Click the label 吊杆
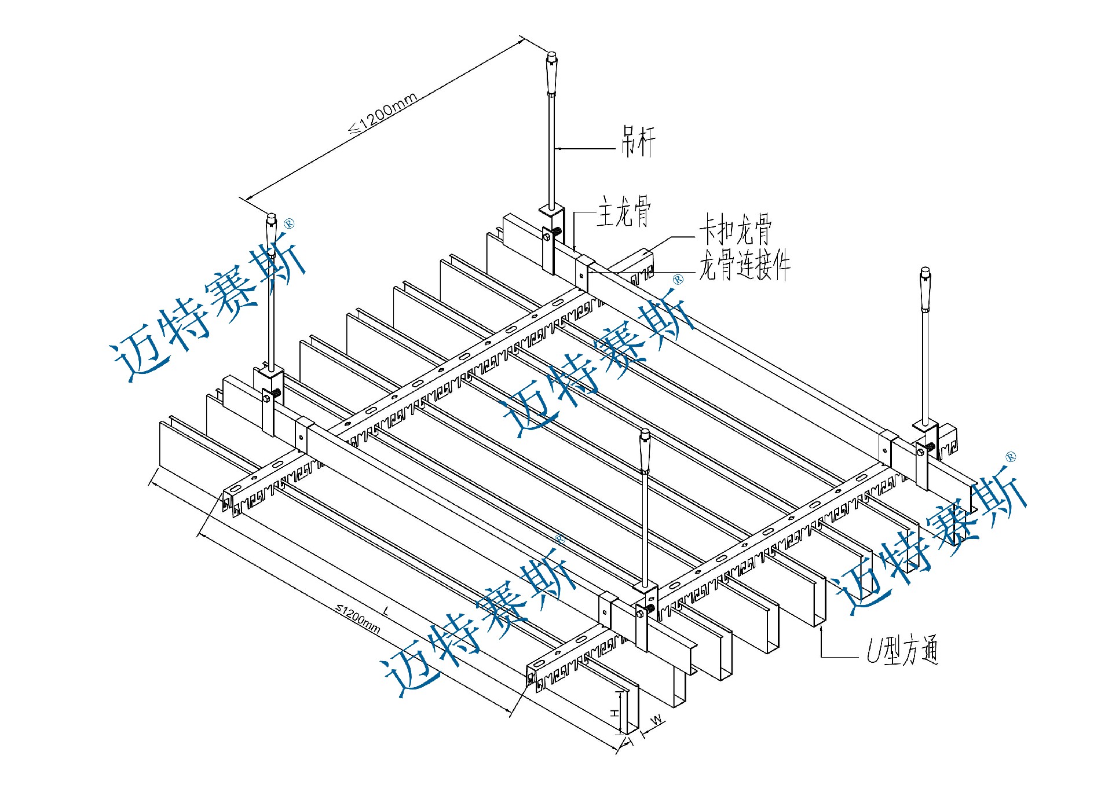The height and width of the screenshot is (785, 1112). coord(638,141)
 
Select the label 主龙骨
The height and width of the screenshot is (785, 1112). coord(624,212)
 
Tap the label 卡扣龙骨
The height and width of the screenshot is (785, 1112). coord(735,229)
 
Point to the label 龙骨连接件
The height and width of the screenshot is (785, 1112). coord(744,266)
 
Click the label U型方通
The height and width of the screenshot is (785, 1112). coord(902,650)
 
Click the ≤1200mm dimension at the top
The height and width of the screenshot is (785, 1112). coord(383,113)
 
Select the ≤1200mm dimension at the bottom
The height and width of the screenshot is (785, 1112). coord(359,618)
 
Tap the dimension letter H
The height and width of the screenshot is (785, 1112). coord(614,713)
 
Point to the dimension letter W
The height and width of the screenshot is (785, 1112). coord(656,720)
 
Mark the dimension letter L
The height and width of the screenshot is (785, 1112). coord(386,611)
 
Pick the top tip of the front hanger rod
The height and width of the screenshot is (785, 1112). coord(645,432)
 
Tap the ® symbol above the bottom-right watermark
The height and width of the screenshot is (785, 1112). coord(1011,457)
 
